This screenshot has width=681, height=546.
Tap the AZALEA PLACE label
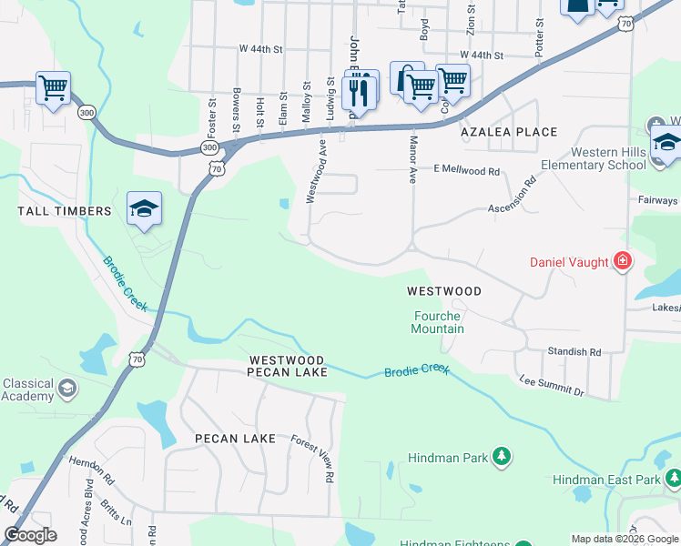(x=508, y=132)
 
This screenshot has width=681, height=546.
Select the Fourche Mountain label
(x=439, y=322)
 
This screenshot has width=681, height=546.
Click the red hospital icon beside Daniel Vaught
(x=622, y=262)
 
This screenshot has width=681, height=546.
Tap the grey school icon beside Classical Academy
(x=66, y=389)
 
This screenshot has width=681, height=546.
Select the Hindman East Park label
(x=605, y=479)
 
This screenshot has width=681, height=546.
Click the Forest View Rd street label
(x=311, y=458)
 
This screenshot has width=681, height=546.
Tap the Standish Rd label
(x=574, y=351)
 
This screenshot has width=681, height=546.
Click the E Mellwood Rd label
(x=466, y=170)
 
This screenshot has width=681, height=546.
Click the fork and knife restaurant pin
(x=361, y=92)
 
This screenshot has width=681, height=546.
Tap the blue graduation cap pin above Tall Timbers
(x=145, y=209)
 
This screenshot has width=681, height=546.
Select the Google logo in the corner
(x=30, y=535)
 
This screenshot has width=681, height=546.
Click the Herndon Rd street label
(x=91, y=468)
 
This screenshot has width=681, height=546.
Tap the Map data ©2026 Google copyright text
(x=624, y=539)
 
